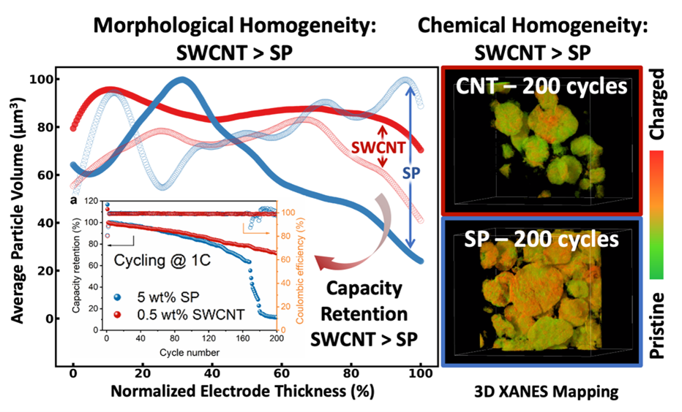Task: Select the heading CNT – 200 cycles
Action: (543, 87)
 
